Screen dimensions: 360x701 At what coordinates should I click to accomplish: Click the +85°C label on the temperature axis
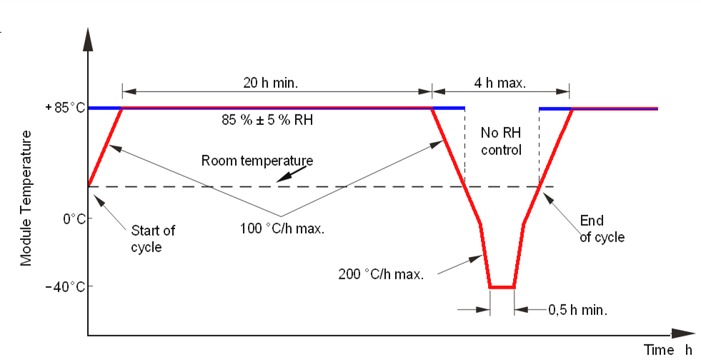coord(65,108)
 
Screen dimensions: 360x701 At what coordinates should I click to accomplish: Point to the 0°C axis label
coord(73,219)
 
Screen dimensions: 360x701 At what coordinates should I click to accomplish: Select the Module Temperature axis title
coord(26,198)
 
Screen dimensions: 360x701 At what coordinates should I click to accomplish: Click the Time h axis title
coord(667,350)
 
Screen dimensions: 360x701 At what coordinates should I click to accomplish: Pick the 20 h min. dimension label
coord(271,82)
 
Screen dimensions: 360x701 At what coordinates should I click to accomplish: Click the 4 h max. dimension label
coord(501,82)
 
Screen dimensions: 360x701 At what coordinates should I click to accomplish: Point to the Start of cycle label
coord(152,239)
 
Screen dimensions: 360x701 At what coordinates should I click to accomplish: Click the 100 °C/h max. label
coord(282,229)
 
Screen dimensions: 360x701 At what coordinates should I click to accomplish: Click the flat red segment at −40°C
coord(502,287)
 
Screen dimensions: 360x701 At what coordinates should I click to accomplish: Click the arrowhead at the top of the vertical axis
coord(88,39)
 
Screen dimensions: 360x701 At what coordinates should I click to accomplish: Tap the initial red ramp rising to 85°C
coord(105,147)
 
